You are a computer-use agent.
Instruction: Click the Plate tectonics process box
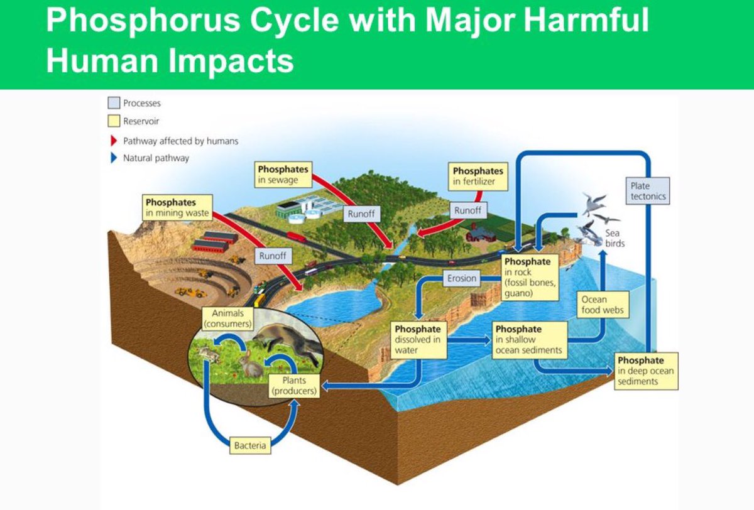(x=648, y=191)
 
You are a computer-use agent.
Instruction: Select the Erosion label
(x=462, y=278)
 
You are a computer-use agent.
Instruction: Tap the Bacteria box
(x=250, y=446)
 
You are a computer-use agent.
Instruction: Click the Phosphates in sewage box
(x=284, y=175)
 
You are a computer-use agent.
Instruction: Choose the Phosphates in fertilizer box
(x=478, y=176)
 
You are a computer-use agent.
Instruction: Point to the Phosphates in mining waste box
(x=177, y=207)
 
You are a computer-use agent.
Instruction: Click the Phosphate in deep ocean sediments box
(x=646, y=371)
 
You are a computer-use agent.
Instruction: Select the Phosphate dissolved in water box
(x=418, y=340)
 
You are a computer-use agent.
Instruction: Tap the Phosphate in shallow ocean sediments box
(x=528, y=340)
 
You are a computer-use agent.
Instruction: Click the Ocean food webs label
(x=603, y=305)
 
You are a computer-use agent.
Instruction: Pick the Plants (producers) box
(x=293, y=385)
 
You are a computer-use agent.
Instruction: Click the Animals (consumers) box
(x=227, y=318)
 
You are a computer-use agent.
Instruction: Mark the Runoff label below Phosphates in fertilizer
(x=467, y=211)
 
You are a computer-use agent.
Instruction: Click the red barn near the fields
(x=481, y=234)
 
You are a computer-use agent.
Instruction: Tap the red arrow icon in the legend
(x=114, y=141)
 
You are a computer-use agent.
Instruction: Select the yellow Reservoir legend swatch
(x=114, y=121)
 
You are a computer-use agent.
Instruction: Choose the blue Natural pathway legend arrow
(x=114, y=158)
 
